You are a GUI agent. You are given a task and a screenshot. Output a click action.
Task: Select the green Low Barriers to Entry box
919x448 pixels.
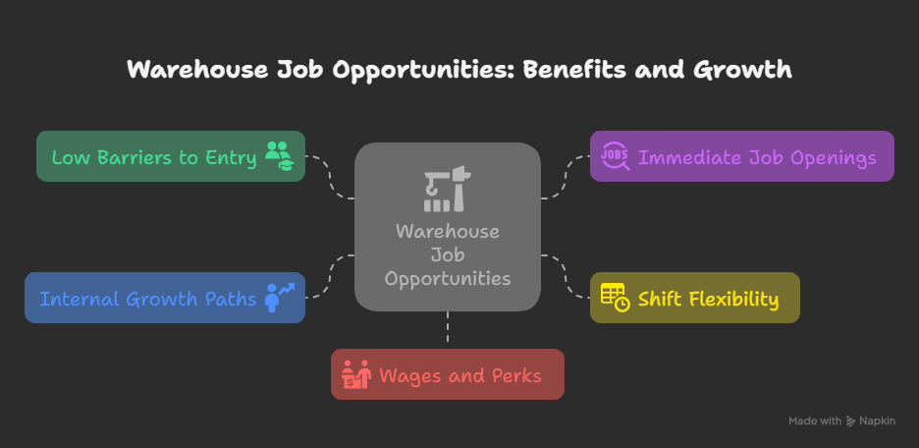coord(171,156)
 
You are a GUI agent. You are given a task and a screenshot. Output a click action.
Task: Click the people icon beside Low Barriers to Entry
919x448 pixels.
coord(278,156)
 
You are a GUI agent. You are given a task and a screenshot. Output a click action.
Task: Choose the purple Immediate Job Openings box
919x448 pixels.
coord(742,156)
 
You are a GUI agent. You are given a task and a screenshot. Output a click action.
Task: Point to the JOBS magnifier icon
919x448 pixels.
coord(616,156)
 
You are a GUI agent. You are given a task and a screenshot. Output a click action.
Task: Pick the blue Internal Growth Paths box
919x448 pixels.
coord(165,298)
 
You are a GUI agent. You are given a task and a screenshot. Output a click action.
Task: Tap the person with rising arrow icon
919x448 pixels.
coord(279,298)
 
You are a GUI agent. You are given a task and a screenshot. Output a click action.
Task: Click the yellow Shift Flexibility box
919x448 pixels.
coord(694,298)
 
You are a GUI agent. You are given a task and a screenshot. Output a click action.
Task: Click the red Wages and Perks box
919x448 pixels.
coord(447,374)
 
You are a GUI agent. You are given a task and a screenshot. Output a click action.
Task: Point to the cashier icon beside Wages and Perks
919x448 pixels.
coord(356,374)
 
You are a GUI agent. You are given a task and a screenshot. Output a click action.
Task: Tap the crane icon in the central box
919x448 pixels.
coord(448,189)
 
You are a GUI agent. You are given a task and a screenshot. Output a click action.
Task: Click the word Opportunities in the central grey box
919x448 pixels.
coord(448,278)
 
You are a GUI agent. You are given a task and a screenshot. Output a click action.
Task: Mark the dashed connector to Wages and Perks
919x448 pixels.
coord(447,330)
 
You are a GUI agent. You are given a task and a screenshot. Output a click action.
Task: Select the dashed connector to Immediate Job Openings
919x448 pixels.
coord(565,178)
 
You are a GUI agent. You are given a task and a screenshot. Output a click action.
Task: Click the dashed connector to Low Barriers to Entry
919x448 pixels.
coord(330,178)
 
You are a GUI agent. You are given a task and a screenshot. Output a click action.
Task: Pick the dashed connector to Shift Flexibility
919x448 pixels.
coord(565,276)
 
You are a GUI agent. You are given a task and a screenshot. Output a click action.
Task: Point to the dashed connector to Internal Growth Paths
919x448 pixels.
coord(330,276)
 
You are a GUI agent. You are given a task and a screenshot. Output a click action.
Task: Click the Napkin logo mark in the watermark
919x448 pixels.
coord(851,421)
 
